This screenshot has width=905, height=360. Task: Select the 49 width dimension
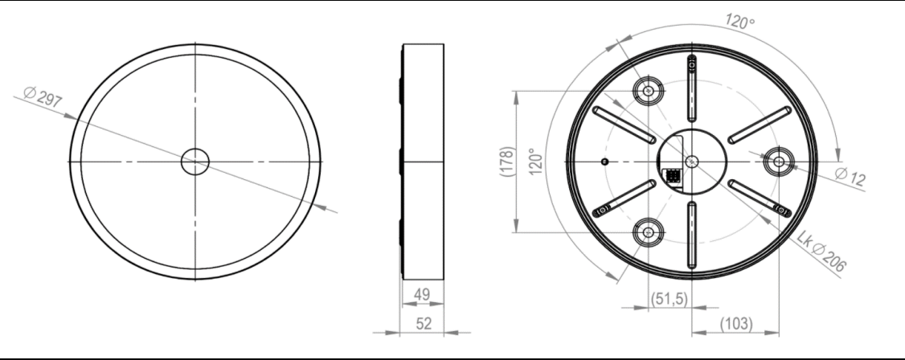(x=420, y=297)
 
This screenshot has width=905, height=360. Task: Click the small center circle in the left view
(x=195, y=162)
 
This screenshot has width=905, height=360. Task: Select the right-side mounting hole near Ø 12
(x=778, y=162)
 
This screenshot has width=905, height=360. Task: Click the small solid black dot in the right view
(x=604, y=162)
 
